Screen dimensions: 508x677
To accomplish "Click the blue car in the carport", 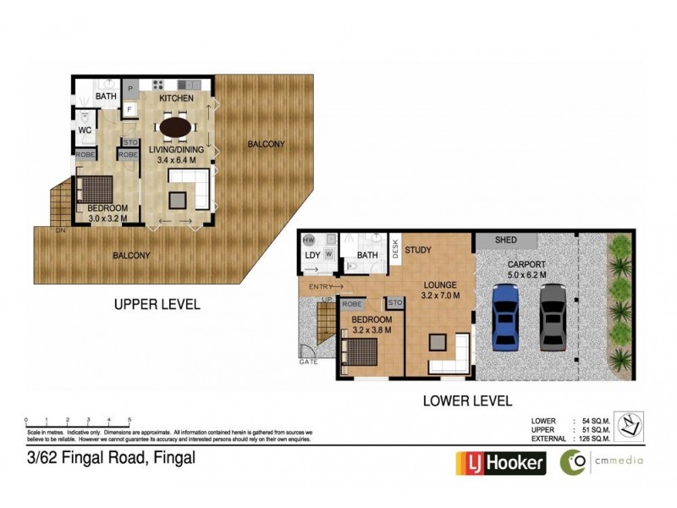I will (x=505, y=316).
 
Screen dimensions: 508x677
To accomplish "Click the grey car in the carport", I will (x=553, y=316).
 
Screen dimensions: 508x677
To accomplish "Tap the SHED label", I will (x=506, y=240).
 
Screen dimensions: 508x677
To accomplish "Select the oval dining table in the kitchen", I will (x=176, y=127).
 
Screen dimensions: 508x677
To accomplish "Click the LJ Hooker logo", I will (x=498, y=462).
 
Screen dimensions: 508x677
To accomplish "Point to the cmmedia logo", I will (x=602, y=461).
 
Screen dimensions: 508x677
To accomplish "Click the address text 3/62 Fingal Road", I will (x=111, y=458).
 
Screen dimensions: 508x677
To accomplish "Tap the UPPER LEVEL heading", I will (x=157, y=304).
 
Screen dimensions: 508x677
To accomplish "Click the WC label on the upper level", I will (x=85, y=131).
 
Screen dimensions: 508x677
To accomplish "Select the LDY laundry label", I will (x=312, y=255).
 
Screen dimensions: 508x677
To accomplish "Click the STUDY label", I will (x=418, y=251).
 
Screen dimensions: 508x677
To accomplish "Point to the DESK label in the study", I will (x=394, y=248).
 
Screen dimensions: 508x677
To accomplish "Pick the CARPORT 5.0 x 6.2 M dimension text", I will (x=526, y=268).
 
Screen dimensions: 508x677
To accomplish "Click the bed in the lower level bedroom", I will (x=365, y=351).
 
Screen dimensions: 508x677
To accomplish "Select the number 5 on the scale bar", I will (x=129, y=420).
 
